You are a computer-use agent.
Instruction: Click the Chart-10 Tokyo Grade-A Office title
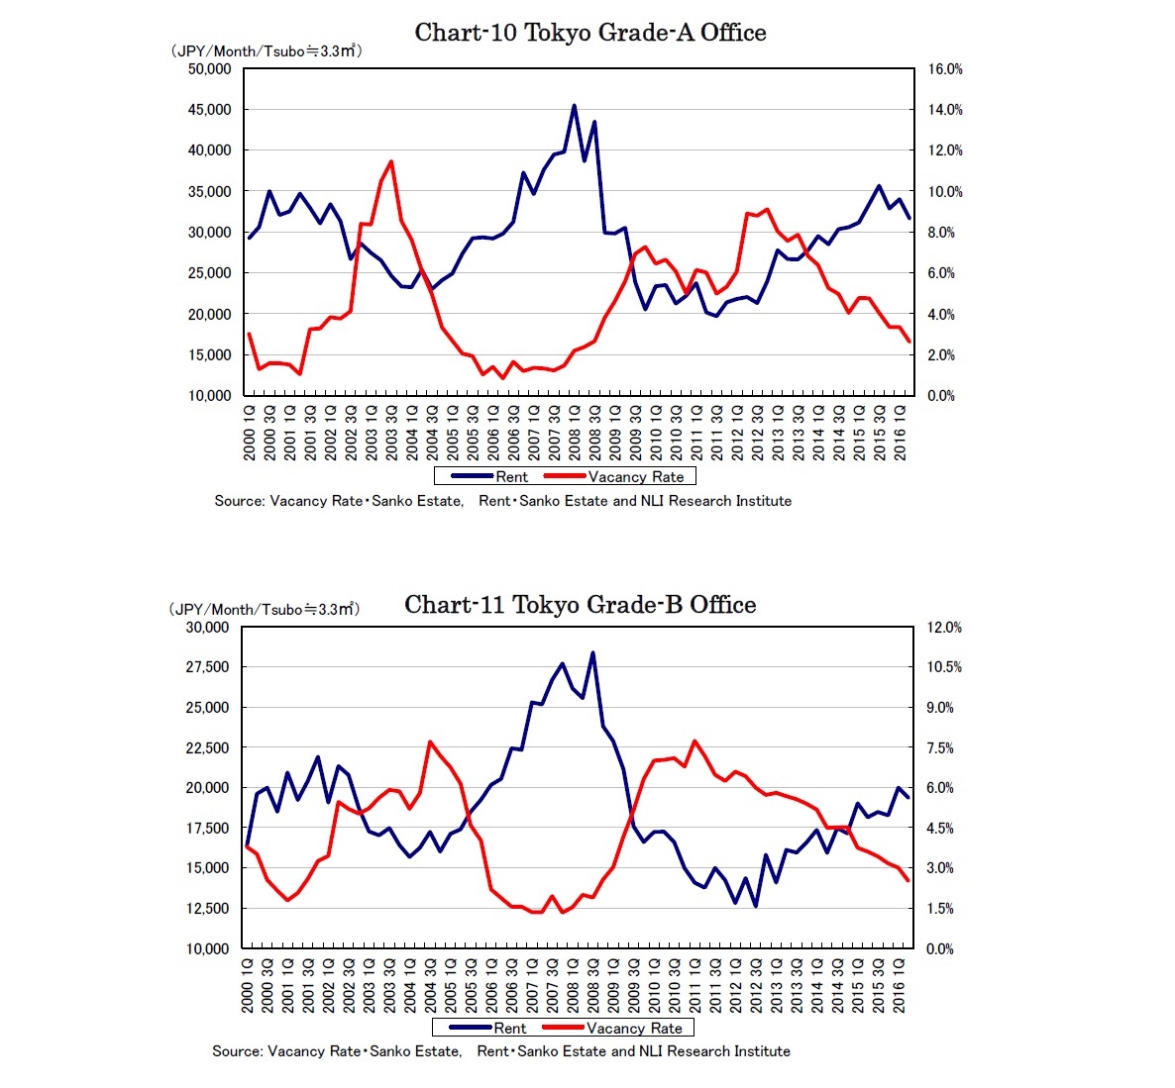[x=590, y=33]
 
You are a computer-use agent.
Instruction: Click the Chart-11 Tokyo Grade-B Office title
[x=580, y=605]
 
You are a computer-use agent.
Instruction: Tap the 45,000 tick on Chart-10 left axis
[x=209, y=110]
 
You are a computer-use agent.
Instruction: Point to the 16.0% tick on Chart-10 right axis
[x=944, y=69]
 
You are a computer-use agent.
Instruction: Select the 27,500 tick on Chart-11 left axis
[x=209, y=667]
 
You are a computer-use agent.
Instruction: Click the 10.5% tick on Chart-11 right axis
[x=944, y=667]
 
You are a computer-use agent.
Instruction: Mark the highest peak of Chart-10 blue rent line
[x=575, y=106]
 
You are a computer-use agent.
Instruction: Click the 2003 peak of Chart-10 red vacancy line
[x=391, y=161]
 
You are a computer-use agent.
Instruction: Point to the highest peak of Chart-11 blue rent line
[x=592, y=652]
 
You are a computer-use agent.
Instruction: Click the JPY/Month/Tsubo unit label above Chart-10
[x=266, y=51]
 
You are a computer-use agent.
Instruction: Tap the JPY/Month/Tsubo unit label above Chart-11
[x=264, y=610]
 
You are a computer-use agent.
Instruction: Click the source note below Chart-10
[x=502, y=501]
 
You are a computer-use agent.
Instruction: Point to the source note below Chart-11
[x=500, y=1051]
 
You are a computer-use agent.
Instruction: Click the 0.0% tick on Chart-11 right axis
[x=940, y=948]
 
